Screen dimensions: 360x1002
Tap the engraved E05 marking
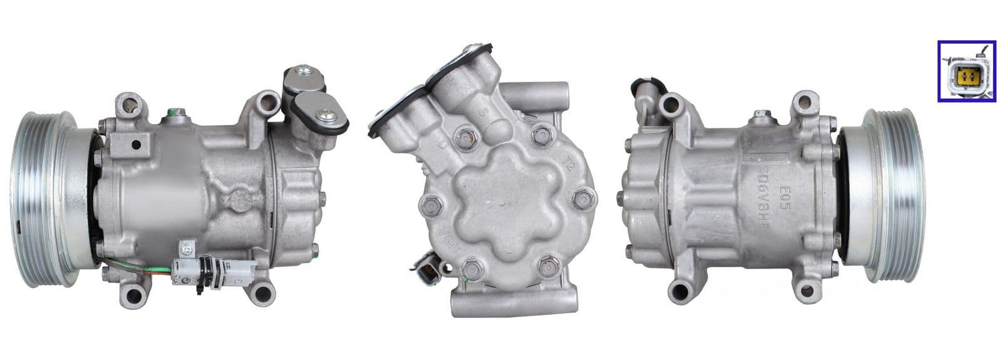(x=782, y=190)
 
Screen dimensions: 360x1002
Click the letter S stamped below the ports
(x=483, y=115)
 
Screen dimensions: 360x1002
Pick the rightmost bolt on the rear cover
(x=581, y=200)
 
